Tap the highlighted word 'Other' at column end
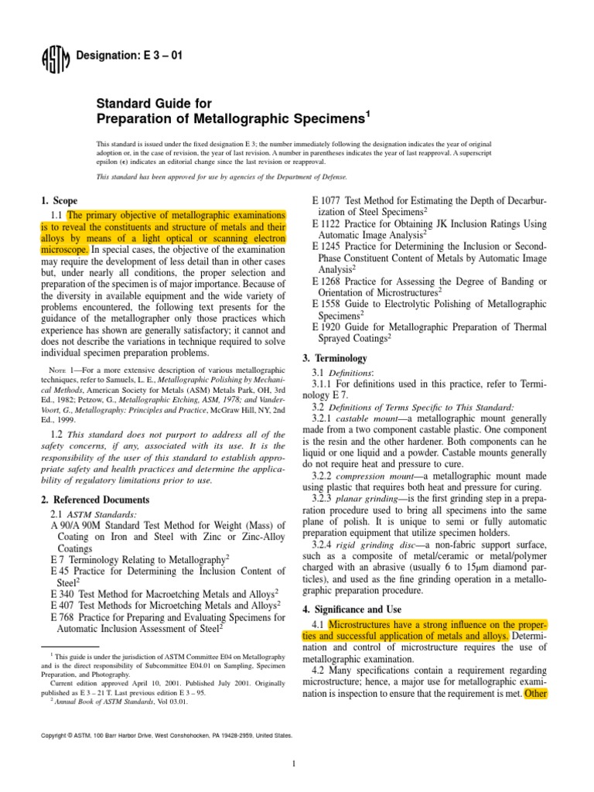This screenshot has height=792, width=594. pos(535,672)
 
